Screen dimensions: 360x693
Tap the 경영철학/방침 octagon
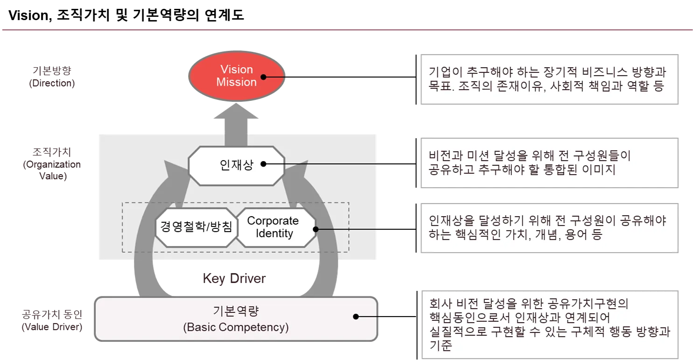point(196,227)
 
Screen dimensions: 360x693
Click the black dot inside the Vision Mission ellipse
point(264,77)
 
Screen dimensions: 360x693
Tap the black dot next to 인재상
point(263,164)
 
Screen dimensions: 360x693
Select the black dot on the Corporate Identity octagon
point(315,229)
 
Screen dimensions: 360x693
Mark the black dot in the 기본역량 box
point(356,316)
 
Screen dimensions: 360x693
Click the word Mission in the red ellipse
point(237,82)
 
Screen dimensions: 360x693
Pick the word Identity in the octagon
point(274,233)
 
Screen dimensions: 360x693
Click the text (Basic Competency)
point(236,327)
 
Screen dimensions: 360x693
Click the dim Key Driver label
point(235,279)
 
